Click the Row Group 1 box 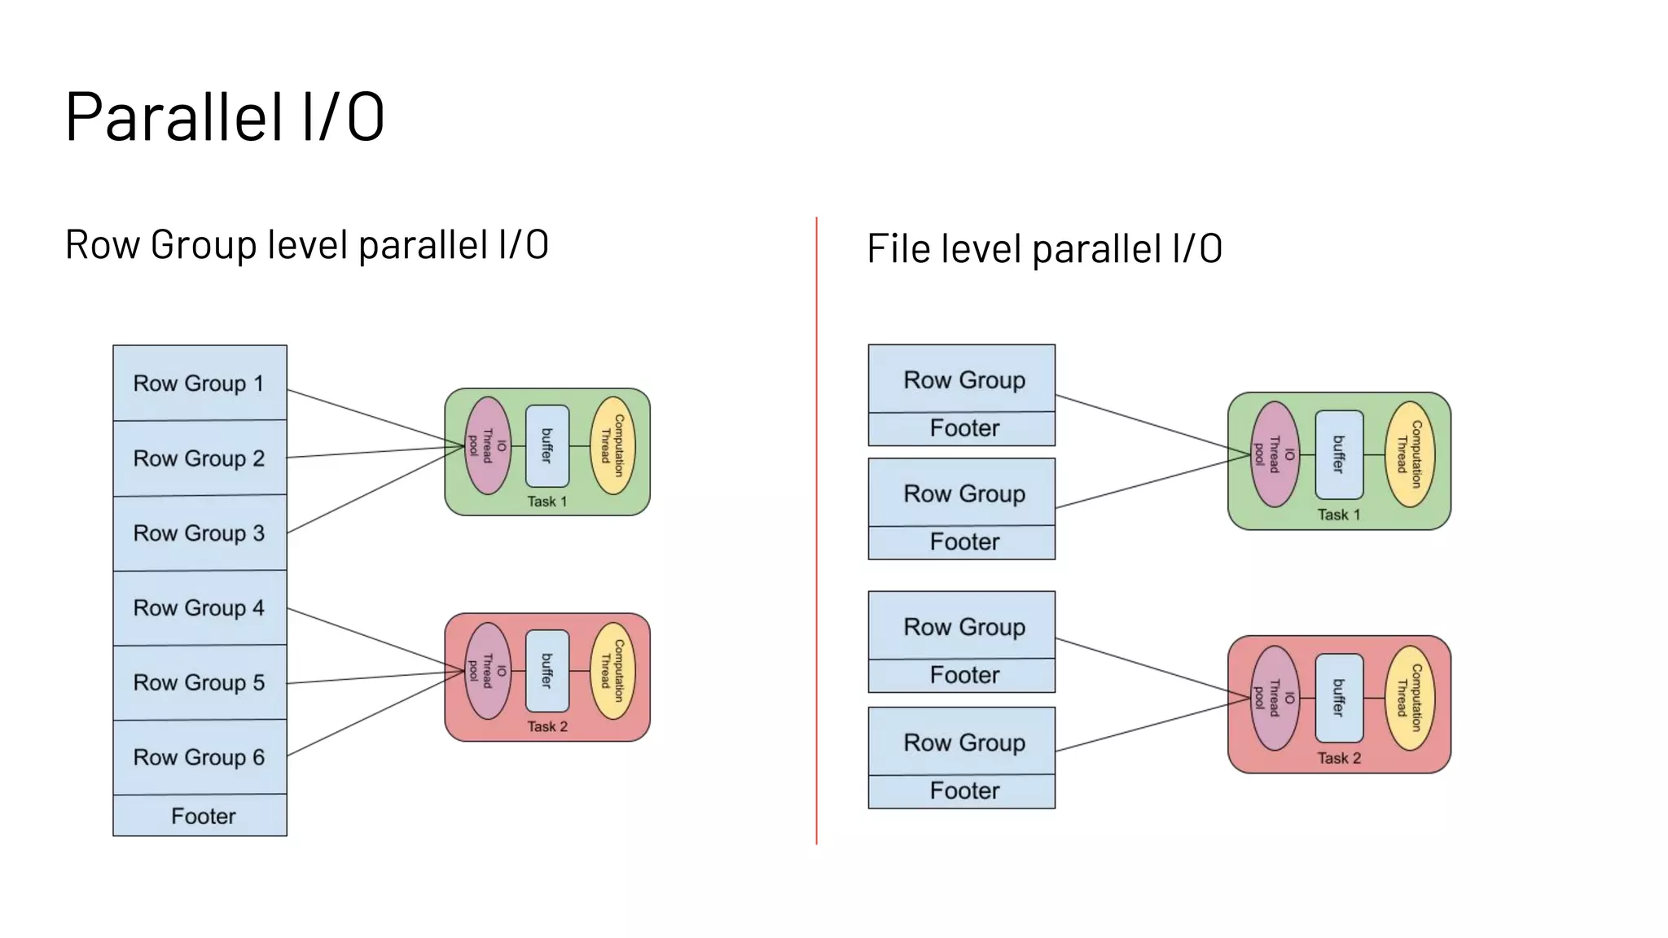200,383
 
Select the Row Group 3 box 200,533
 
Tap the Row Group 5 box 200,682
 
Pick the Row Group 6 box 200,757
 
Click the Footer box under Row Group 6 200,816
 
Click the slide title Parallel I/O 224,116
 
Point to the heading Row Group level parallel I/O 306,244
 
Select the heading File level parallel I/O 1044,248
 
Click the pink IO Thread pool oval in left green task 487,446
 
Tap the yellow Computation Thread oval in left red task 612,671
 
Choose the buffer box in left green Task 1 547,446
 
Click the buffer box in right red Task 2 1339,698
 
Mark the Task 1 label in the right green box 1339,515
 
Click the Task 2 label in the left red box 547,726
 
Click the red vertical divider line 816,529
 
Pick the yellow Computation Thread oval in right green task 1410,454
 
